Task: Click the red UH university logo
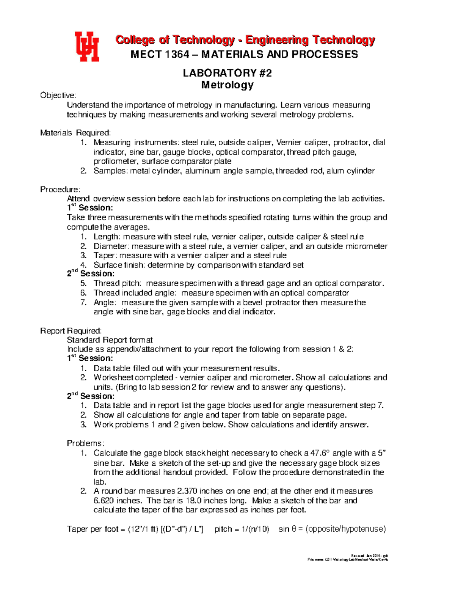(x=87, y=46)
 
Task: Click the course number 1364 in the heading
(x=177, y=55)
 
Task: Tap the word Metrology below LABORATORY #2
(x=227, y=85)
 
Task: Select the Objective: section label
(x=58, y=95)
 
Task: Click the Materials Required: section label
(x=75, y=133)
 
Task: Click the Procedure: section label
(x=60, y=189)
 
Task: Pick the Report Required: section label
(x=71, y=331)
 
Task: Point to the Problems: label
(x=85, y=443)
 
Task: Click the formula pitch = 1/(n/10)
(x=242, y=529)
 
